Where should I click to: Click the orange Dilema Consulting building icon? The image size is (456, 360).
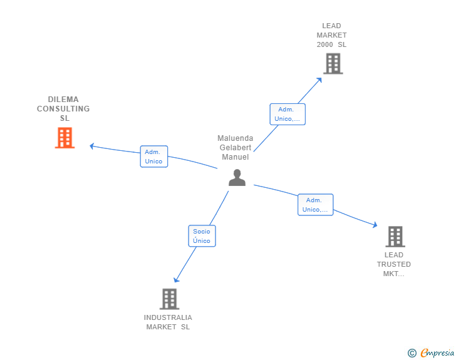pos(65,138)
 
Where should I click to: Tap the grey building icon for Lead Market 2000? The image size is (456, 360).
pos(333,63)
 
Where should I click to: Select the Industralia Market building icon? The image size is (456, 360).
pos(169,299)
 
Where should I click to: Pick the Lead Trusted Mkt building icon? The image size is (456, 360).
pos(395,236)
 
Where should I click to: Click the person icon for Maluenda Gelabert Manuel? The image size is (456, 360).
pos(237,178)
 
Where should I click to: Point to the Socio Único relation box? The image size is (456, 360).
pos(202,236)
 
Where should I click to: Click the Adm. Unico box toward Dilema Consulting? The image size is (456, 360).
pos(153,157)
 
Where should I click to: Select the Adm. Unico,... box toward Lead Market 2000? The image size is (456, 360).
pos(288,114)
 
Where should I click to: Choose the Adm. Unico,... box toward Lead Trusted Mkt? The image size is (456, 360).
pos(315,205)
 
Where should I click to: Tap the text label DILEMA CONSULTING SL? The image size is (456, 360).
pos(64,109)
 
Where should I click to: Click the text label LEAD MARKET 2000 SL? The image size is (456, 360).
pos(331,36)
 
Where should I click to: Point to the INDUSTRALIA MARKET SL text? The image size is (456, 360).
pos(168,322)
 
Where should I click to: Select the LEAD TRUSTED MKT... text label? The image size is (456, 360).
pos(394,264)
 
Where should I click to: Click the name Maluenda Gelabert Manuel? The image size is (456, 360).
pos(235,148)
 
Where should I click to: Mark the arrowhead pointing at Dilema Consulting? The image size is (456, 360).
pos(91,146)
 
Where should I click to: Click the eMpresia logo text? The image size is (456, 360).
pos(437,353)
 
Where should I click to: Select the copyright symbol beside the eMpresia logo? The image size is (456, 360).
pos(412,353)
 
